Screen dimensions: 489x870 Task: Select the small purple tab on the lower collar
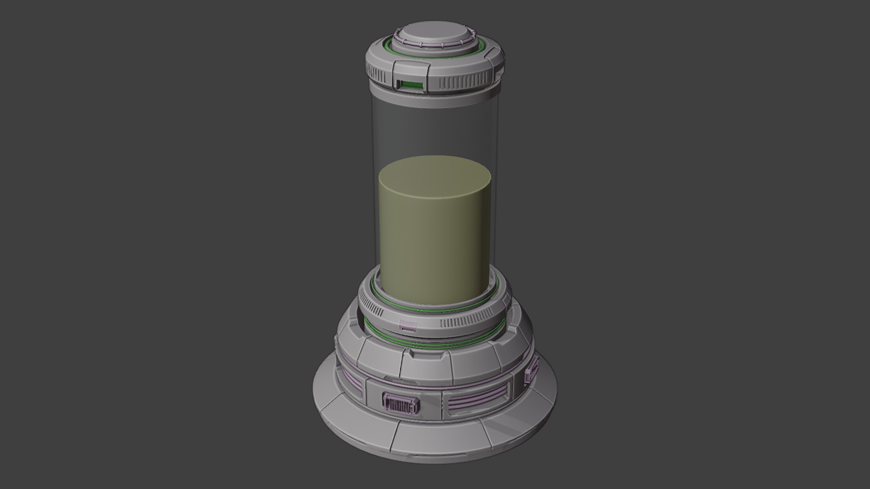pyautogui.click(x=408, y=326)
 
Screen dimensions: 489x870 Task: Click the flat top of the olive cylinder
pyautogui.click(x=434, y=177)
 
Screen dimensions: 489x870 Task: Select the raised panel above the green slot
pyautogui.click(x=411, y=70)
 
